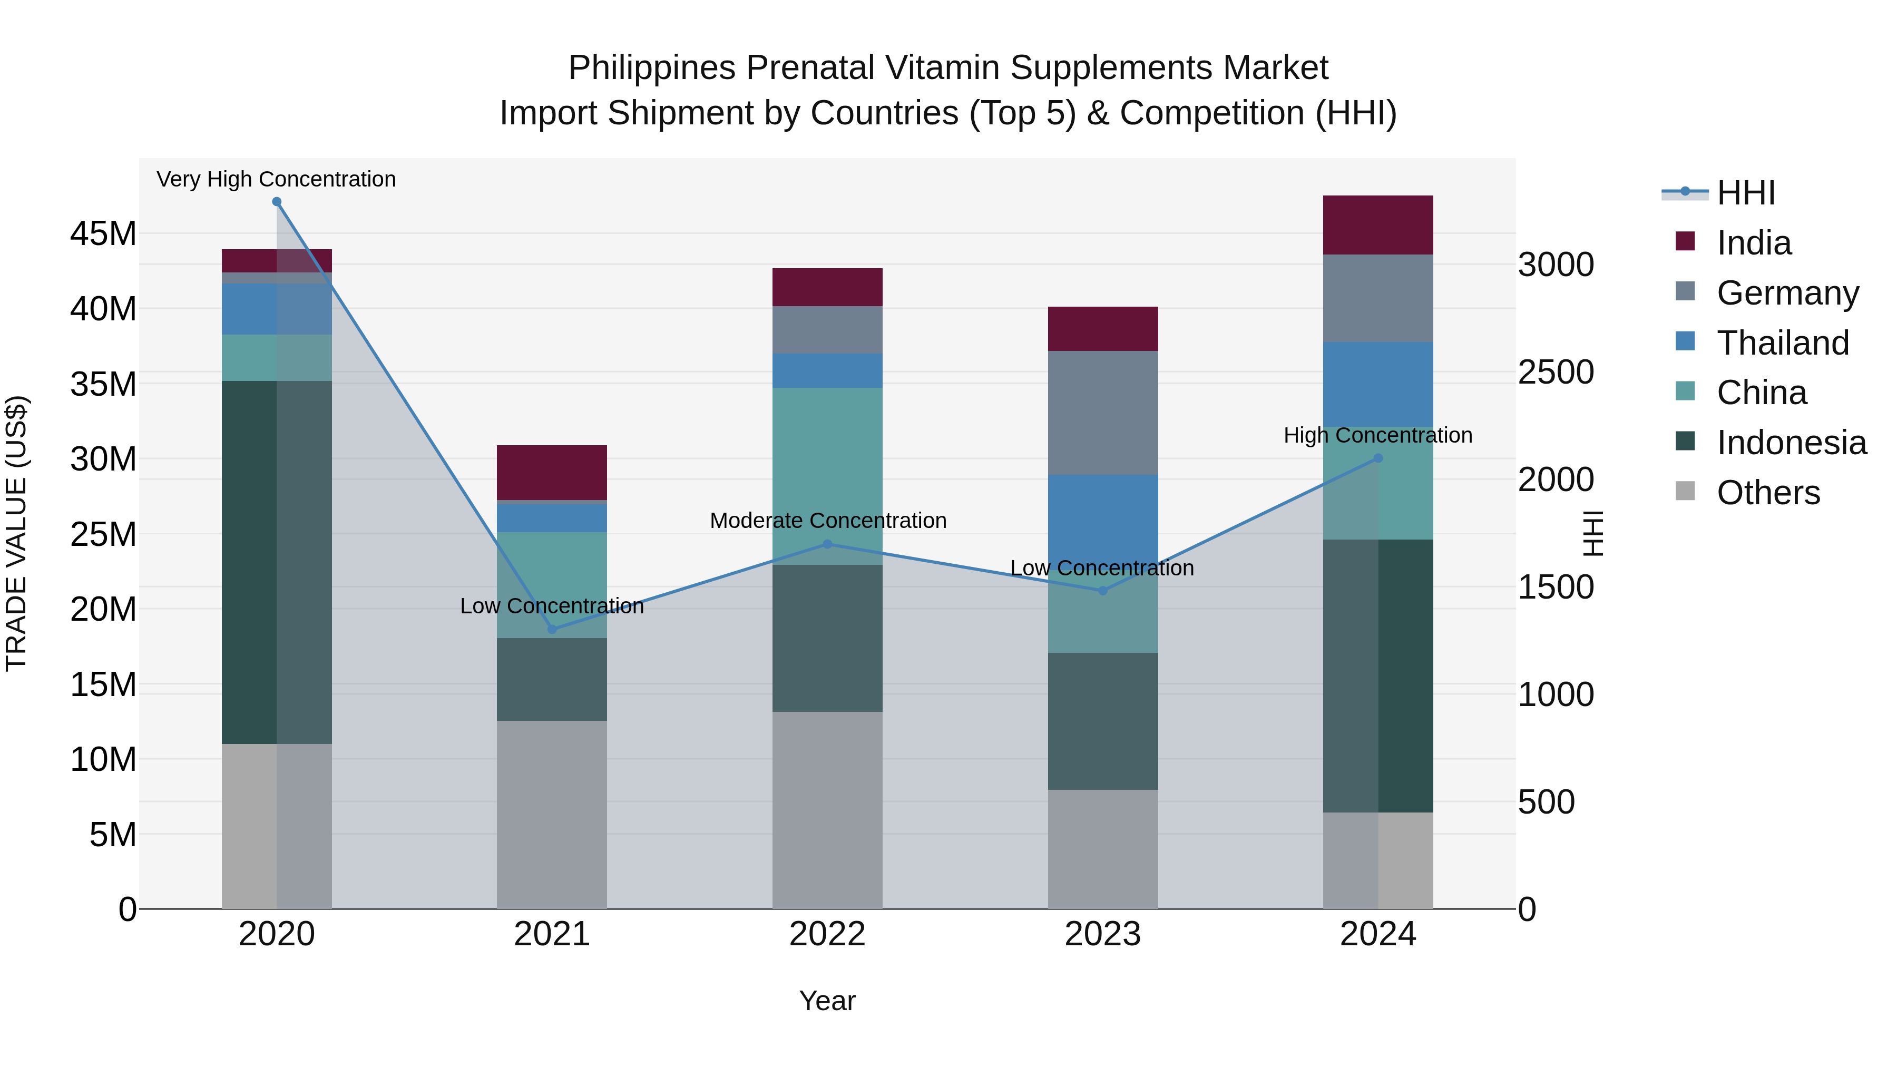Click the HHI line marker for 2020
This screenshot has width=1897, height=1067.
pos(277,202)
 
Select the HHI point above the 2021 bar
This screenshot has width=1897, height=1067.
pos(552,630)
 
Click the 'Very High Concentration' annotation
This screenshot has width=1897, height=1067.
pos(276,180)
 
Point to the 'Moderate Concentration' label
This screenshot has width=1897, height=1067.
pos(828,521)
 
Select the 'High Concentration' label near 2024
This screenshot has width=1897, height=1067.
pos(1378,435)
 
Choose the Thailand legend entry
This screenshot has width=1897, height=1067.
pos(1782,343)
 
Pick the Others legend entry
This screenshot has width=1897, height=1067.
pos(1768,493)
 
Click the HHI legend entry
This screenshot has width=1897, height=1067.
pos(1745,193)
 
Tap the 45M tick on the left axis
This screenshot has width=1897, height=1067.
pos(103,234)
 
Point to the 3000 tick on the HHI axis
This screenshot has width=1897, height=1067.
pos(1556,265)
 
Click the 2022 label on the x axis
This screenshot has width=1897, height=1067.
pos(827,934)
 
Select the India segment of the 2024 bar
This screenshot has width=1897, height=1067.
pos(1378,226)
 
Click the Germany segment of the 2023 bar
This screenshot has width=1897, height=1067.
pos(1102,413)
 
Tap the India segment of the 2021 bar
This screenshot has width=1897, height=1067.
pos(552,473)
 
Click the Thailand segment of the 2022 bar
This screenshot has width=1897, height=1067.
pos(827,370)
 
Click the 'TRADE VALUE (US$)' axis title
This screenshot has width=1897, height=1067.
pos(17,533)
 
